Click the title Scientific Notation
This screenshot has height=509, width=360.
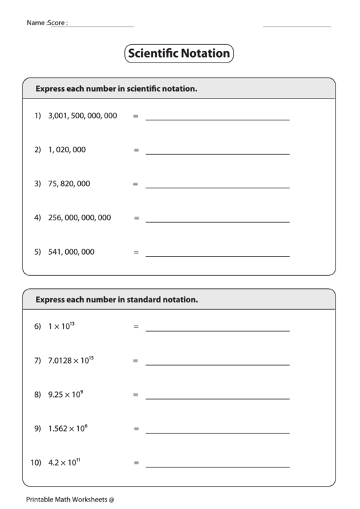click(x=179, y=54)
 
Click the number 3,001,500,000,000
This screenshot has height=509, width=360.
click(x=82, y=116)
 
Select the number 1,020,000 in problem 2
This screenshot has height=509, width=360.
click(x=67, y=150)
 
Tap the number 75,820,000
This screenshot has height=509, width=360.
click(x=69, y=183)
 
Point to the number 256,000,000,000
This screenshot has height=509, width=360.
click(x=79, y=218)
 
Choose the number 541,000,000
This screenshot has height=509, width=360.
click(x=71, y=252)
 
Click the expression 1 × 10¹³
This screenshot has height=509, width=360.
click(x=61, y=326)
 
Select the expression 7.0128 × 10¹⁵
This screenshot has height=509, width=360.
click(x=71, y=360)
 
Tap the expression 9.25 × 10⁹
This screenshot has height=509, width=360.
click(x=65, y=394)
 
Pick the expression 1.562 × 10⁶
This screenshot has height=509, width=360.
click(x=68, y=428)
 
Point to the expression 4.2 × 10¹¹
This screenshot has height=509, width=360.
click(x=65, y=463)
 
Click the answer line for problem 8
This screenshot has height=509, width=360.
click(x=217, y=398)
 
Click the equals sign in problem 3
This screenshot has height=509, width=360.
click(x=135, y=184)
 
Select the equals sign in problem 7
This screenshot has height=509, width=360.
click(x=135, y=361)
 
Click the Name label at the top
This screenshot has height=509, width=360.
click(x=37, y=22)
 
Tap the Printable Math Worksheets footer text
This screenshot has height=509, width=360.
click(x=71, y=499)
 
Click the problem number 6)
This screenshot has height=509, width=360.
click(x=38, y=327)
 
